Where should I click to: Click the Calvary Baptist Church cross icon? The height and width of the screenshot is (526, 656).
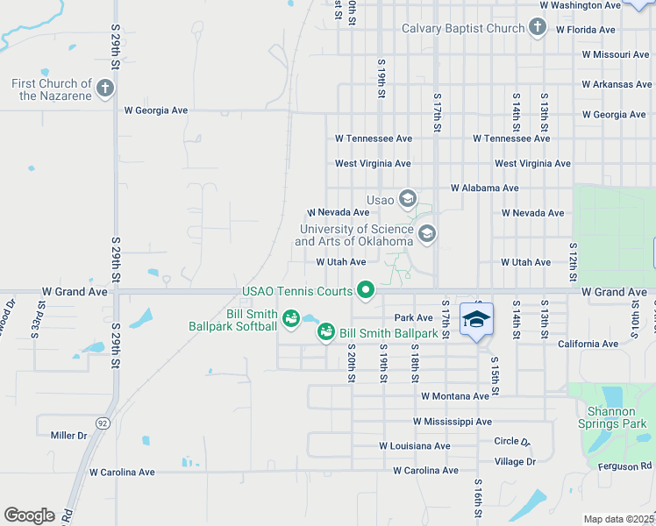(538, 28)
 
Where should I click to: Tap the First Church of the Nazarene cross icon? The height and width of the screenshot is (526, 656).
(104, 88)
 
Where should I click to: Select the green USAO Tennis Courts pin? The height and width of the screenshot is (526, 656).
(365, 289)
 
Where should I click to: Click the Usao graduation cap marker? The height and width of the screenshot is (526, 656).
(407, 199)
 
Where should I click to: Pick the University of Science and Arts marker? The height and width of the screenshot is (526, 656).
(426, 233)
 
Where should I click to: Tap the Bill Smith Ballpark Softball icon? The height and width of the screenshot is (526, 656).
(290, 317)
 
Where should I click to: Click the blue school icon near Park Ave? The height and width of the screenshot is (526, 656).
(476, 320)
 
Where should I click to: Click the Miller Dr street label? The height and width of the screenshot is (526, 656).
(69, 436)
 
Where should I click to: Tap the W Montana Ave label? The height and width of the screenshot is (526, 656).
(454, 396)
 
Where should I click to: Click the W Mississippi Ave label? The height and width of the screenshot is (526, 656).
(453, 422)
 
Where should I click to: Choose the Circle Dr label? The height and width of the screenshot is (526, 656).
(513, 442)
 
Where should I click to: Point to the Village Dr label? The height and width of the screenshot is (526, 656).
(515, 461)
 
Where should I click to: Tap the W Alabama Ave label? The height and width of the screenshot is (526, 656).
(484, 188)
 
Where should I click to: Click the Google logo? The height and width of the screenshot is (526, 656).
(29, 515)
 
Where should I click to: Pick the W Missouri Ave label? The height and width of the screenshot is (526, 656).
(616, 54)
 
